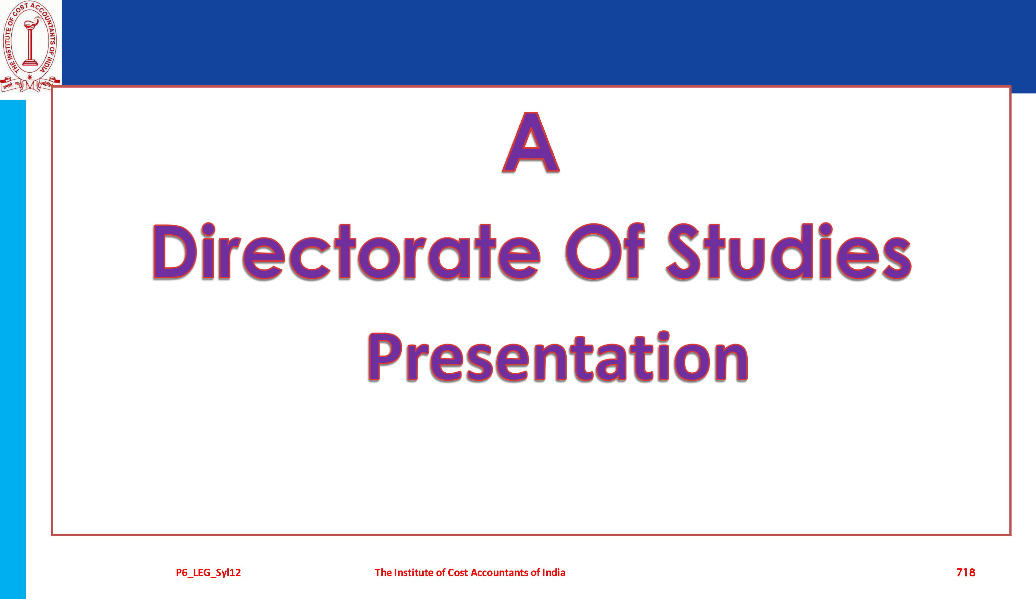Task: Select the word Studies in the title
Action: click(789, 251)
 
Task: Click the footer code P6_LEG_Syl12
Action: click(208, 573)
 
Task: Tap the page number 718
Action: click(966, 572)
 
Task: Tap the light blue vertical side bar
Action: click(13, 349)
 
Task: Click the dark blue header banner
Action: click(548, 43)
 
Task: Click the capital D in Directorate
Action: click(175, 251)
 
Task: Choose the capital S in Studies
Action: click(683, 251)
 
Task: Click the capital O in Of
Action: click(593, 251)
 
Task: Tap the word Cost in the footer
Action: click(458, 572)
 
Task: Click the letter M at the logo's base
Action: click(30, 85)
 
